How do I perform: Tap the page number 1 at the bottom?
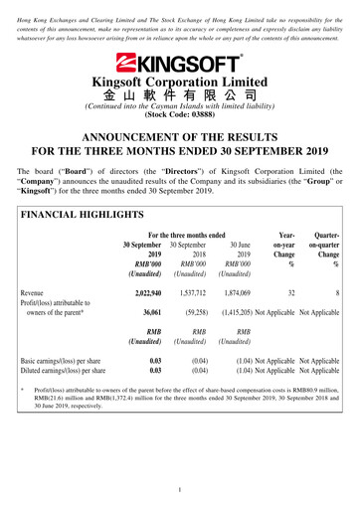[180, 490]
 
